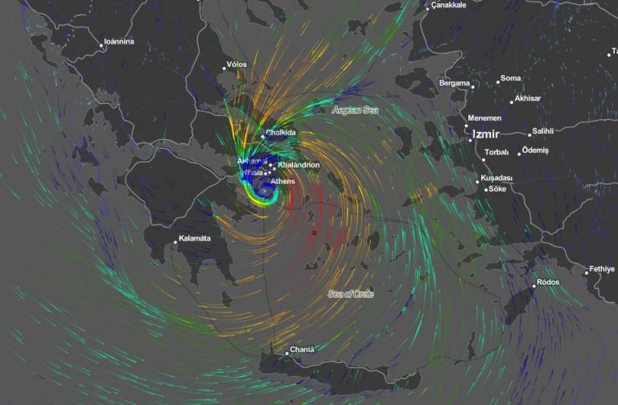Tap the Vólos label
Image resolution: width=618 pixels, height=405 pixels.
coord(237,64)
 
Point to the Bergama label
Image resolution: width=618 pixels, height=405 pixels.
coord(455,83)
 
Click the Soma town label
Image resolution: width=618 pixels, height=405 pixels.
coord(510,79)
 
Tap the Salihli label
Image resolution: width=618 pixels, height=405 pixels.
coord(543,131)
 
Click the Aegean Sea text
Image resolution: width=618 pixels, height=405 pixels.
coord(355,111)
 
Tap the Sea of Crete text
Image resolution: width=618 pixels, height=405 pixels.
coord(351,294)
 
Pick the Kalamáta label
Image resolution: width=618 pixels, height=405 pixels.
coord(196,239)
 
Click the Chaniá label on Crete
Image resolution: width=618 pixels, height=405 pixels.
coord(301,349)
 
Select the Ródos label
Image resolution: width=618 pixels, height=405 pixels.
coord(548,283)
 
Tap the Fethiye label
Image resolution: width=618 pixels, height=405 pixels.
coord(602,269)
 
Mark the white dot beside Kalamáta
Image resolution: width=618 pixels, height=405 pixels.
coord(175,242)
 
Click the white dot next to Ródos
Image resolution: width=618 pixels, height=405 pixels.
coord(534,285)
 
